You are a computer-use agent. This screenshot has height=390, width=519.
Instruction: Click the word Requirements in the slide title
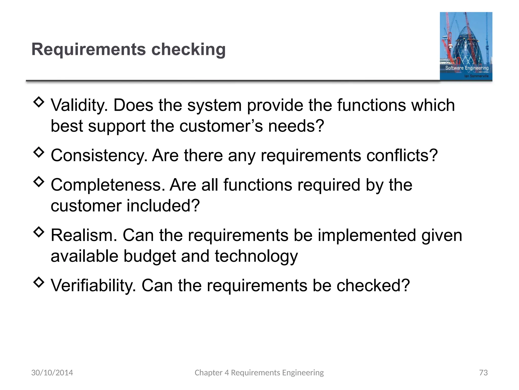pos(88,49)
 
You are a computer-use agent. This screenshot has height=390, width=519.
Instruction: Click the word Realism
pos(84,235)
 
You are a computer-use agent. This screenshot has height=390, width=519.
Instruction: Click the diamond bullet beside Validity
pos(39,102)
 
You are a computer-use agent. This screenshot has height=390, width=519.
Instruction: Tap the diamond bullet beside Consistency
pos(39,152)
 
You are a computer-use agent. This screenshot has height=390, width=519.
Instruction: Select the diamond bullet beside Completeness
pos(39,182)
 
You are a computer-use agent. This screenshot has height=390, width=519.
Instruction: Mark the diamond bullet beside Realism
pos(39,232)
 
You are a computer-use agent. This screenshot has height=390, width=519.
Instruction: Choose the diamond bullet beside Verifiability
pos(39,282)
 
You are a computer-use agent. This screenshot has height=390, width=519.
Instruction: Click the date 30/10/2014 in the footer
pos(52,372)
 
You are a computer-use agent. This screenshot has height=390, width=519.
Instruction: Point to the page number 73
pos(483,372)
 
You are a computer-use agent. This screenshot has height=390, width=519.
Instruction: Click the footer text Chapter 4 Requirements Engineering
pos(259,372)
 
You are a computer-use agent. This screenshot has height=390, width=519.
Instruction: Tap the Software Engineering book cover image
pos(466,46)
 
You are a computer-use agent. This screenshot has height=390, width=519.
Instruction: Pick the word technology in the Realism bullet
pos(256,256)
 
